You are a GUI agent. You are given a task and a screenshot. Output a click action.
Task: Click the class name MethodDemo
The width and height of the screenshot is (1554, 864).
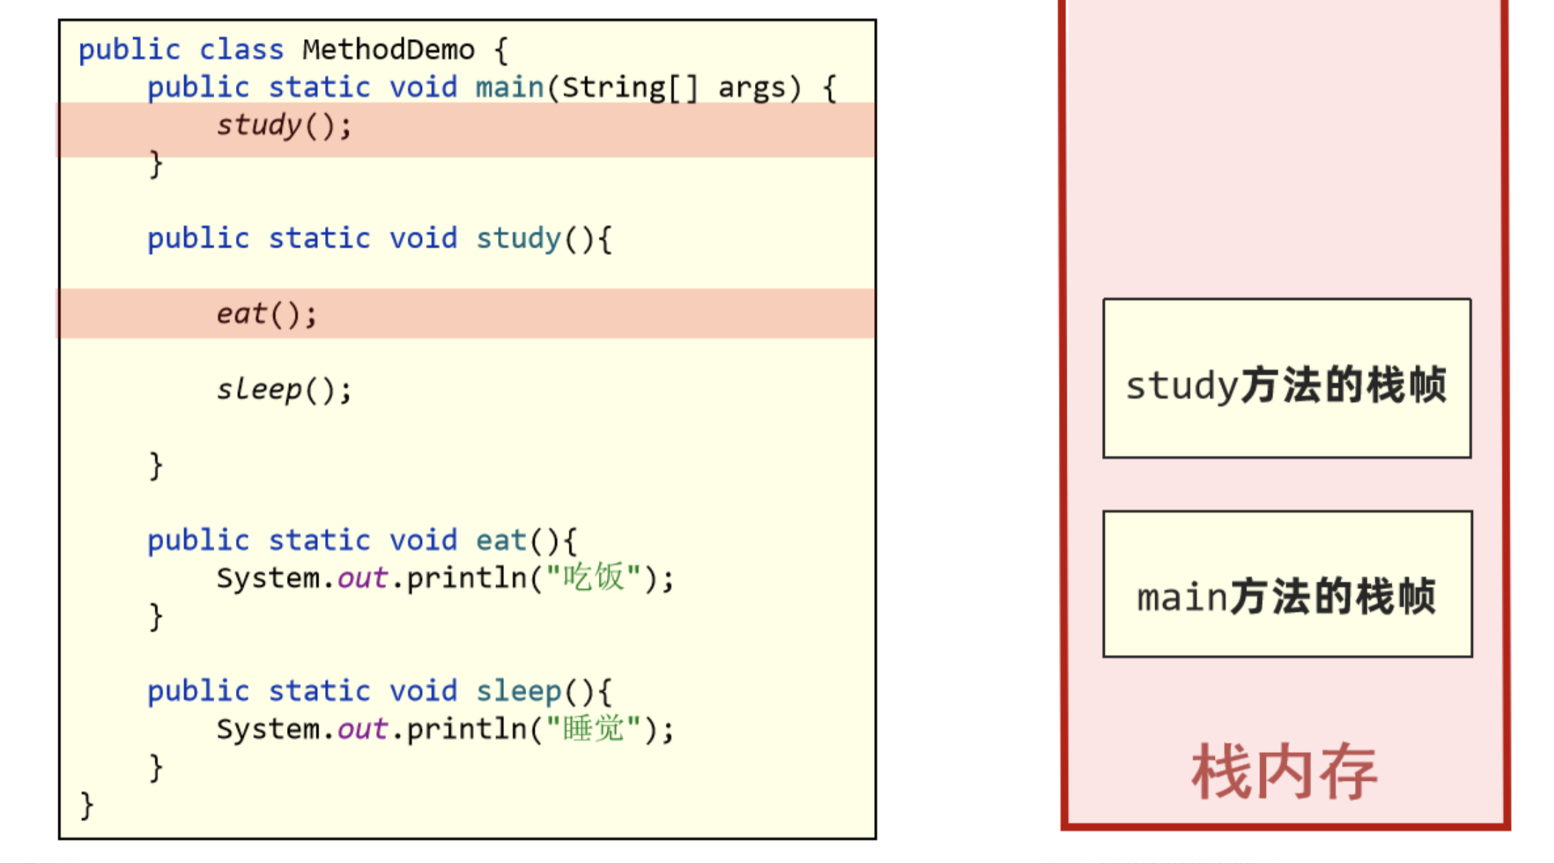(388, 50)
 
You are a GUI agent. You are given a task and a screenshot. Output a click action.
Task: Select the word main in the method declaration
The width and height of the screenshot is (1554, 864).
(510, 88)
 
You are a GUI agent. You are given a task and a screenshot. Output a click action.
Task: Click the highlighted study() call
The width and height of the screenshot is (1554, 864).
(284, 127)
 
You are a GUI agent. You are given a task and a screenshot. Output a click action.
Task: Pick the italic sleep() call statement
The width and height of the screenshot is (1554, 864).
(284, 390)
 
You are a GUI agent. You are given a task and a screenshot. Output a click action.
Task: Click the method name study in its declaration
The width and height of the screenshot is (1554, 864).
(518, 239)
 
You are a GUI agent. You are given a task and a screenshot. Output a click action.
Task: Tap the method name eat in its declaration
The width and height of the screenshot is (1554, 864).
(501, 541)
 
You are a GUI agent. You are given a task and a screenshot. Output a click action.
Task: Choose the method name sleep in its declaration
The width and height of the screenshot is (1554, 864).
(518, 691)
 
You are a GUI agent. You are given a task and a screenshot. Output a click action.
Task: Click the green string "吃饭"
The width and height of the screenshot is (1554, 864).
(593, 578)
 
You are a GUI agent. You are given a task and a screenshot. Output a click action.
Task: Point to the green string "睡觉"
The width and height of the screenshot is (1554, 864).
(593, 729)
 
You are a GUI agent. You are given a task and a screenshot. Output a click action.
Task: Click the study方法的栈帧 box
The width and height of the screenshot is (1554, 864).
(1287, 379)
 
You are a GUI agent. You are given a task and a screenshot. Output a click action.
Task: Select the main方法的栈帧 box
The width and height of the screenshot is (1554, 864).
(1287, 584)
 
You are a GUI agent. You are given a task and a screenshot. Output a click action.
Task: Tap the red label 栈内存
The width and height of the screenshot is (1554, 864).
(1284, 772)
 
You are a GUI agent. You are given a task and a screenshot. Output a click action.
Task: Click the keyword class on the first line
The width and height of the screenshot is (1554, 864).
(241, 50)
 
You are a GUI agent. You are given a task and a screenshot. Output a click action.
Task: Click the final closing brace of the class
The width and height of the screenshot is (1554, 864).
(87, 805)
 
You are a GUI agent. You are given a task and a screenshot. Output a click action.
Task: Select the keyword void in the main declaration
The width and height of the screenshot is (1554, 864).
(423, 88)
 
